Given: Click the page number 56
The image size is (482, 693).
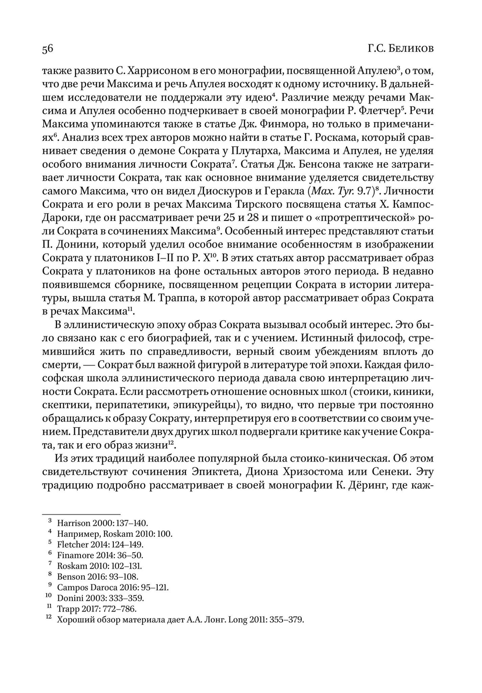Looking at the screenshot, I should [x=47, y=49].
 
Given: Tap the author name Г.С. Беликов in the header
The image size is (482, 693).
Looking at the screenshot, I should [x=401, y=49].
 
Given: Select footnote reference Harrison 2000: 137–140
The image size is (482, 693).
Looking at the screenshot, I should [x=102, y=523].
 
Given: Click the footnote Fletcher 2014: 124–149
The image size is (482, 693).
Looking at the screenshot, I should [x=100, y=545].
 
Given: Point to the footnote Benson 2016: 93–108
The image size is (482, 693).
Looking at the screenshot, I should [x=97, y=577].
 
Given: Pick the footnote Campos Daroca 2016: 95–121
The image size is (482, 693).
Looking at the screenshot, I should [x=113, y=588].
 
